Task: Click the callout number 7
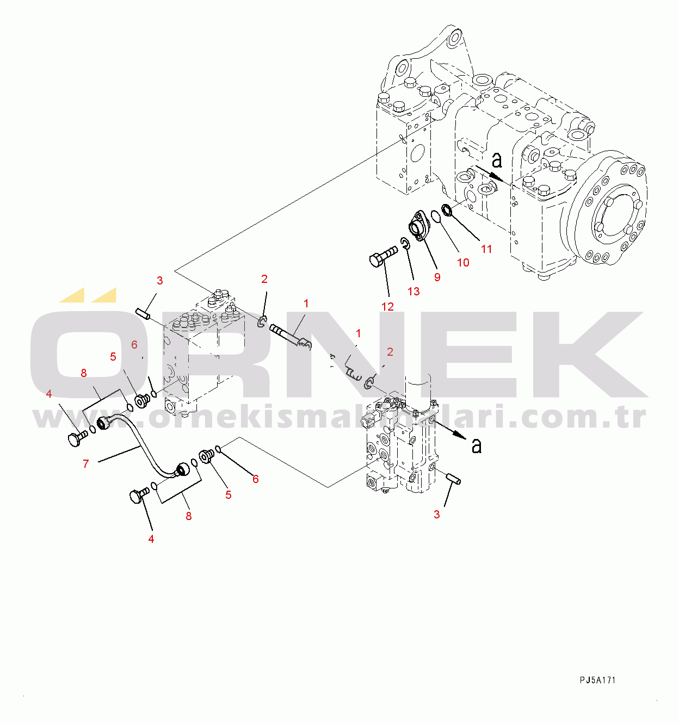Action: point(86,463)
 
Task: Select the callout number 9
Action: point(437,277)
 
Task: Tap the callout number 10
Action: point(463,263)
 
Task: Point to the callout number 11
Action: point(486,249)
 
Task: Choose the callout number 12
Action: point(387,306)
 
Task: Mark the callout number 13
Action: point(413,292)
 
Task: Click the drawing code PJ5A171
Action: point(597,680)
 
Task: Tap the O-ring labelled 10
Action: point(436,217)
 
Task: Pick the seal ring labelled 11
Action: point(447,209)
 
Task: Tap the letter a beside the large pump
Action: point(497,160)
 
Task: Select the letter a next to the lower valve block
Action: point(477,445)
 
